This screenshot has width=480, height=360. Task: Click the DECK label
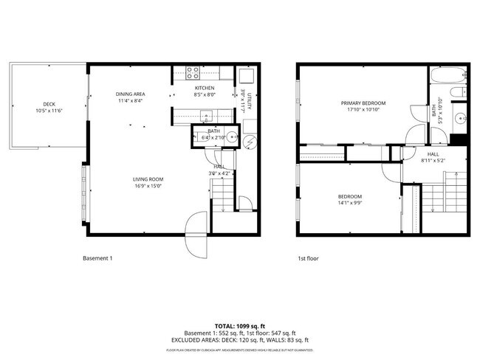(49, 104)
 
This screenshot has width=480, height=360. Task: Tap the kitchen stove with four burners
(191, 73)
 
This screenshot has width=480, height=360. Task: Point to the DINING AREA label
(129, 94)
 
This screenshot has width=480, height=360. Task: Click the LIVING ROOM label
(148, 179)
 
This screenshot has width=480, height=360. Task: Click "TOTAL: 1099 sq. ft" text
(239, 325)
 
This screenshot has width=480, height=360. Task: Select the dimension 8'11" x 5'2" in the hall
(433, 160)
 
